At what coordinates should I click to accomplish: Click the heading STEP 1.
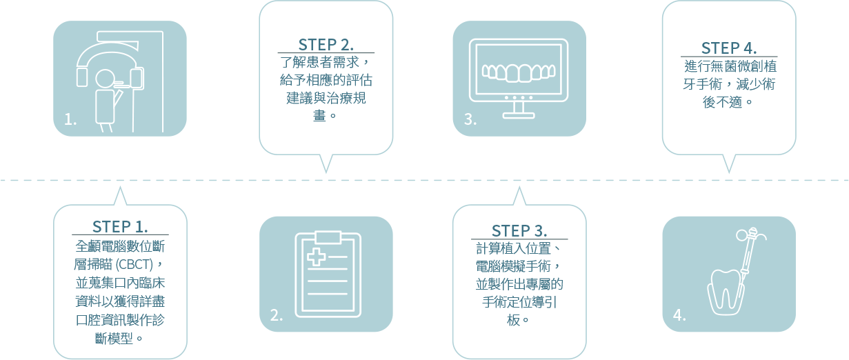coord(120,227)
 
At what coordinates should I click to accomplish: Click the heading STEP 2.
coord(326,45)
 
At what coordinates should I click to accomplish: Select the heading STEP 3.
coord(519,230)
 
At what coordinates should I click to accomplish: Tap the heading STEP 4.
coord(729,48)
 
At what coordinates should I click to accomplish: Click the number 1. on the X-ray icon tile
coord(70,120)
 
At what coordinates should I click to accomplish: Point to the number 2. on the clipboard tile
coord(276,316)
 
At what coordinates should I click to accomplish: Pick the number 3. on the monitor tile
coord(470,120)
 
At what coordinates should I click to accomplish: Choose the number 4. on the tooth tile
coord(679,316)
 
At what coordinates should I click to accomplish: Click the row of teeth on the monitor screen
coord(519,72)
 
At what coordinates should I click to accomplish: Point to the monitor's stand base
coord(519,114)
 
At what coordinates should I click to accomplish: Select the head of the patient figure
coord(106,79)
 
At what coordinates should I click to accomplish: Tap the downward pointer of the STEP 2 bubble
coord(326,166)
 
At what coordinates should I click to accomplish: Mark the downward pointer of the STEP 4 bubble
coord(728,166)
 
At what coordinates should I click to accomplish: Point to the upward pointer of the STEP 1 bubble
coord(120,195)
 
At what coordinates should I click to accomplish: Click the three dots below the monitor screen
coord(519,98)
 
